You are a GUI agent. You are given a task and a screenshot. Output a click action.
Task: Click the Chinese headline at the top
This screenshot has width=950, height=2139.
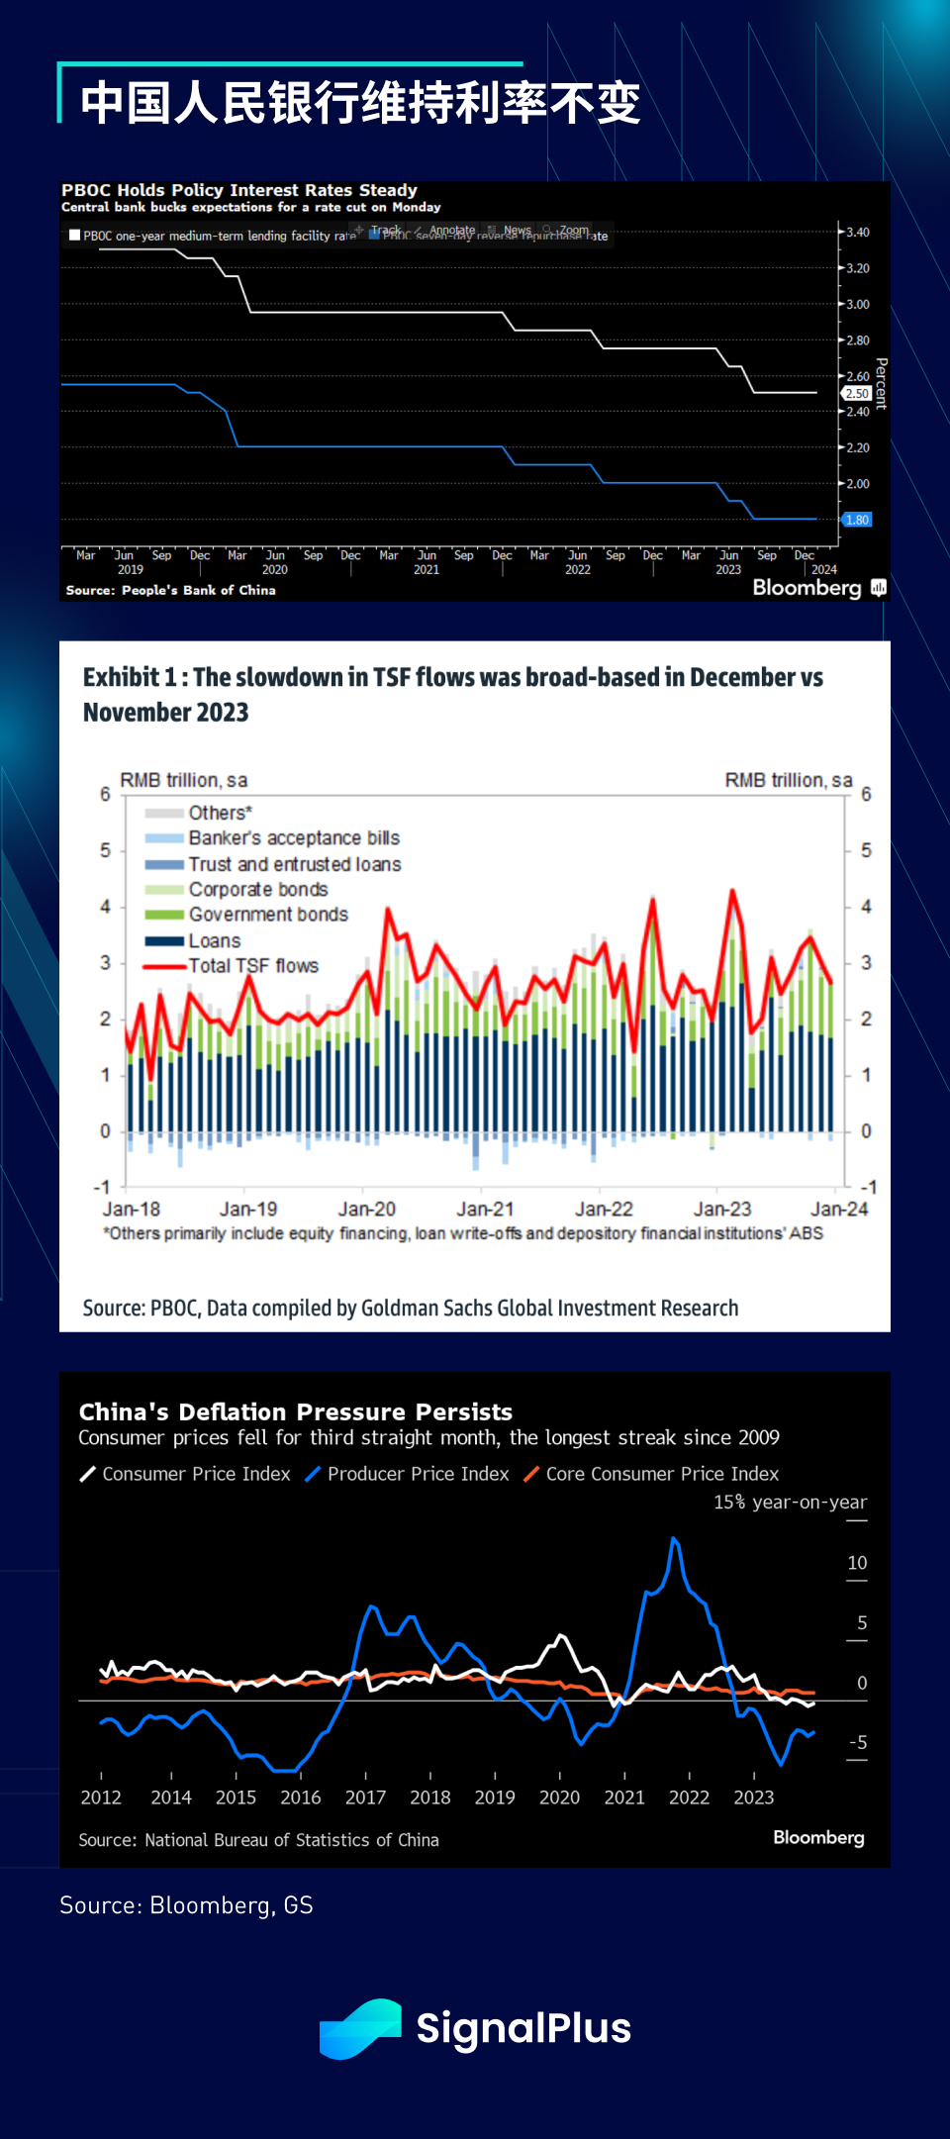pyautogui.click(x=360, y=103)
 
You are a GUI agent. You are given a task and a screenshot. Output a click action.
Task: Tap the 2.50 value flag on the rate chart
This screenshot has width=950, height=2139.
pyautogui.click(x=857, y=394)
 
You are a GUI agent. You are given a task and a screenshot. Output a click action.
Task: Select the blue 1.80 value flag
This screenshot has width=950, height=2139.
pyautogui.click(x=857, y=520)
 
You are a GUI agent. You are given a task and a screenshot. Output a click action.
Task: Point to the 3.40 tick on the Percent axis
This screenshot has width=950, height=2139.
pyautogui.click(x=857, y=233)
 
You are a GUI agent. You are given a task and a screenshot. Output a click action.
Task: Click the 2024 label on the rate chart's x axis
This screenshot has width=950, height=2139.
pyautogui.click(x=823, y=570)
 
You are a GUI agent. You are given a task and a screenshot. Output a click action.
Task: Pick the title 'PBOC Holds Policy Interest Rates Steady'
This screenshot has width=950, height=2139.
pyautogui.click(x=239, y=190)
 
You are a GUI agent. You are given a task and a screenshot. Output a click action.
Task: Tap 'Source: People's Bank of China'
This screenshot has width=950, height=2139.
pyautogui.click(x=170, y=590)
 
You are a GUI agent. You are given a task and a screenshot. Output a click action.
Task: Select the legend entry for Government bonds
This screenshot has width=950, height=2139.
pyautogui.click(x=268, y=915)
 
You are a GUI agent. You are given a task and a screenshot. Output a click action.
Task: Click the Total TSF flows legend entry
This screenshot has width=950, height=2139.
pyautogui.click(x=253, y=966)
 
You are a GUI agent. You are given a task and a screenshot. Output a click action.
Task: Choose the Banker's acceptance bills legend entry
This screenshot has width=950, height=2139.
pyautogui.click(x=294, y=838)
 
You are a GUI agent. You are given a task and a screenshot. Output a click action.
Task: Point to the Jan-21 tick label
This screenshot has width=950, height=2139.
pyautogui.click(x=485, y=1209)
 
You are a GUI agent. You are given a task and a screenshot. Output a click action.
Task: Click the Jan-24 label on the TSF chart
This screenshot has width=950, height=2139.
pyautogui.click(x=839, y=1209)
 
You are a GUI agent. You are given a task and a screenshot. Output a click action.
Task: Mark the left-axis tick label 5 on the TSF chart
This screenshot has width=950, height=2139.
pyautogui.click(x=105, y=850)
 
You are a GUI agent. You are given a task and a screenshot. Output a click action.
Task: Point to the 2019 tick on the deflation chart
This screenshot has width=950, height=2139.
pyautogui.click(x=495, y=1798)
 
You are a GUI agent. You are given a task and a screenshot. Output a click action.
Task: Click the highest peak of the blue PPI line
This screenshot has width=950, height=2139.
pyautogui.click(x=674, y=1539)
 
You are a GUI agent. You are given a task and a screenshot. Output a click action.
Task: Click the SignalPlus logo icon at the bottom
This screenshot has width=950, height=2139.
pyautogui.click(x=360, y=2029)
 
